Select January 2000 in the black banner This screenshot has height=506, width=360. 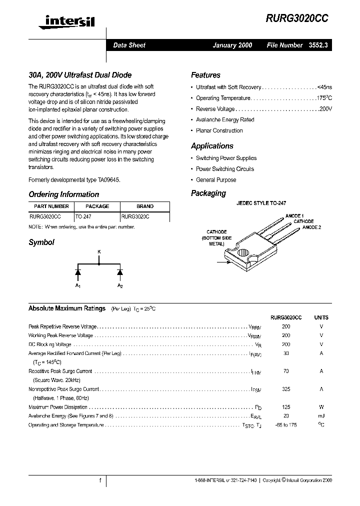(x=232, y=45)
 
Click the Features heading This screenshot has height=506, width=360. (x=205, y=75)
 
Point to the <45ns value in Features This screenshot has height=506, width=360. (x=324, y=87)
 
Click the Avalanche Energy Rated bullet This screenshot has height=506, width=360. (x=225, y=120)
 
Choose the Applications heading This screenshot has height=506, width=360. (x=212, y=146)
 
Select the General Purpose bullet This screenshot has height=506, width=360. (x=216, y=180)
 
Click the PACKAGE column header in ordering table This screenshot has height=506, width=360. (x=97, y=206)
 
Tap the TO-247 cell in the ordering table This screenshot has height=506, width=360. (x=83, y=217)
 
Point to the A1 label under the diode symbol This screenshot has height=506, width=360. (x=77, y=285)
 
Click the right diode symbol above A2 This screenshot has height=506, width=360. (x=120, y=272)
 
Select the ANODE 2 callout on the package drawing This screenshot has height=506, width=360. (x=311, y=227)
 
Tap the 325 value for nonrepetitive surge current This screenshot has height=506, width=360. (x=286, y=389)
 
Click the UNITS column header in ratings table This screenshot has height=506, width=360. (x=321, y=317)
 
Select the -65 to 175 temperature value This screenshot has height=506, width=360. (x=286, y=425)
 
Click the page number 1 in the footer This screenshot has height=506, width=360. (x=100, y=480)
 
